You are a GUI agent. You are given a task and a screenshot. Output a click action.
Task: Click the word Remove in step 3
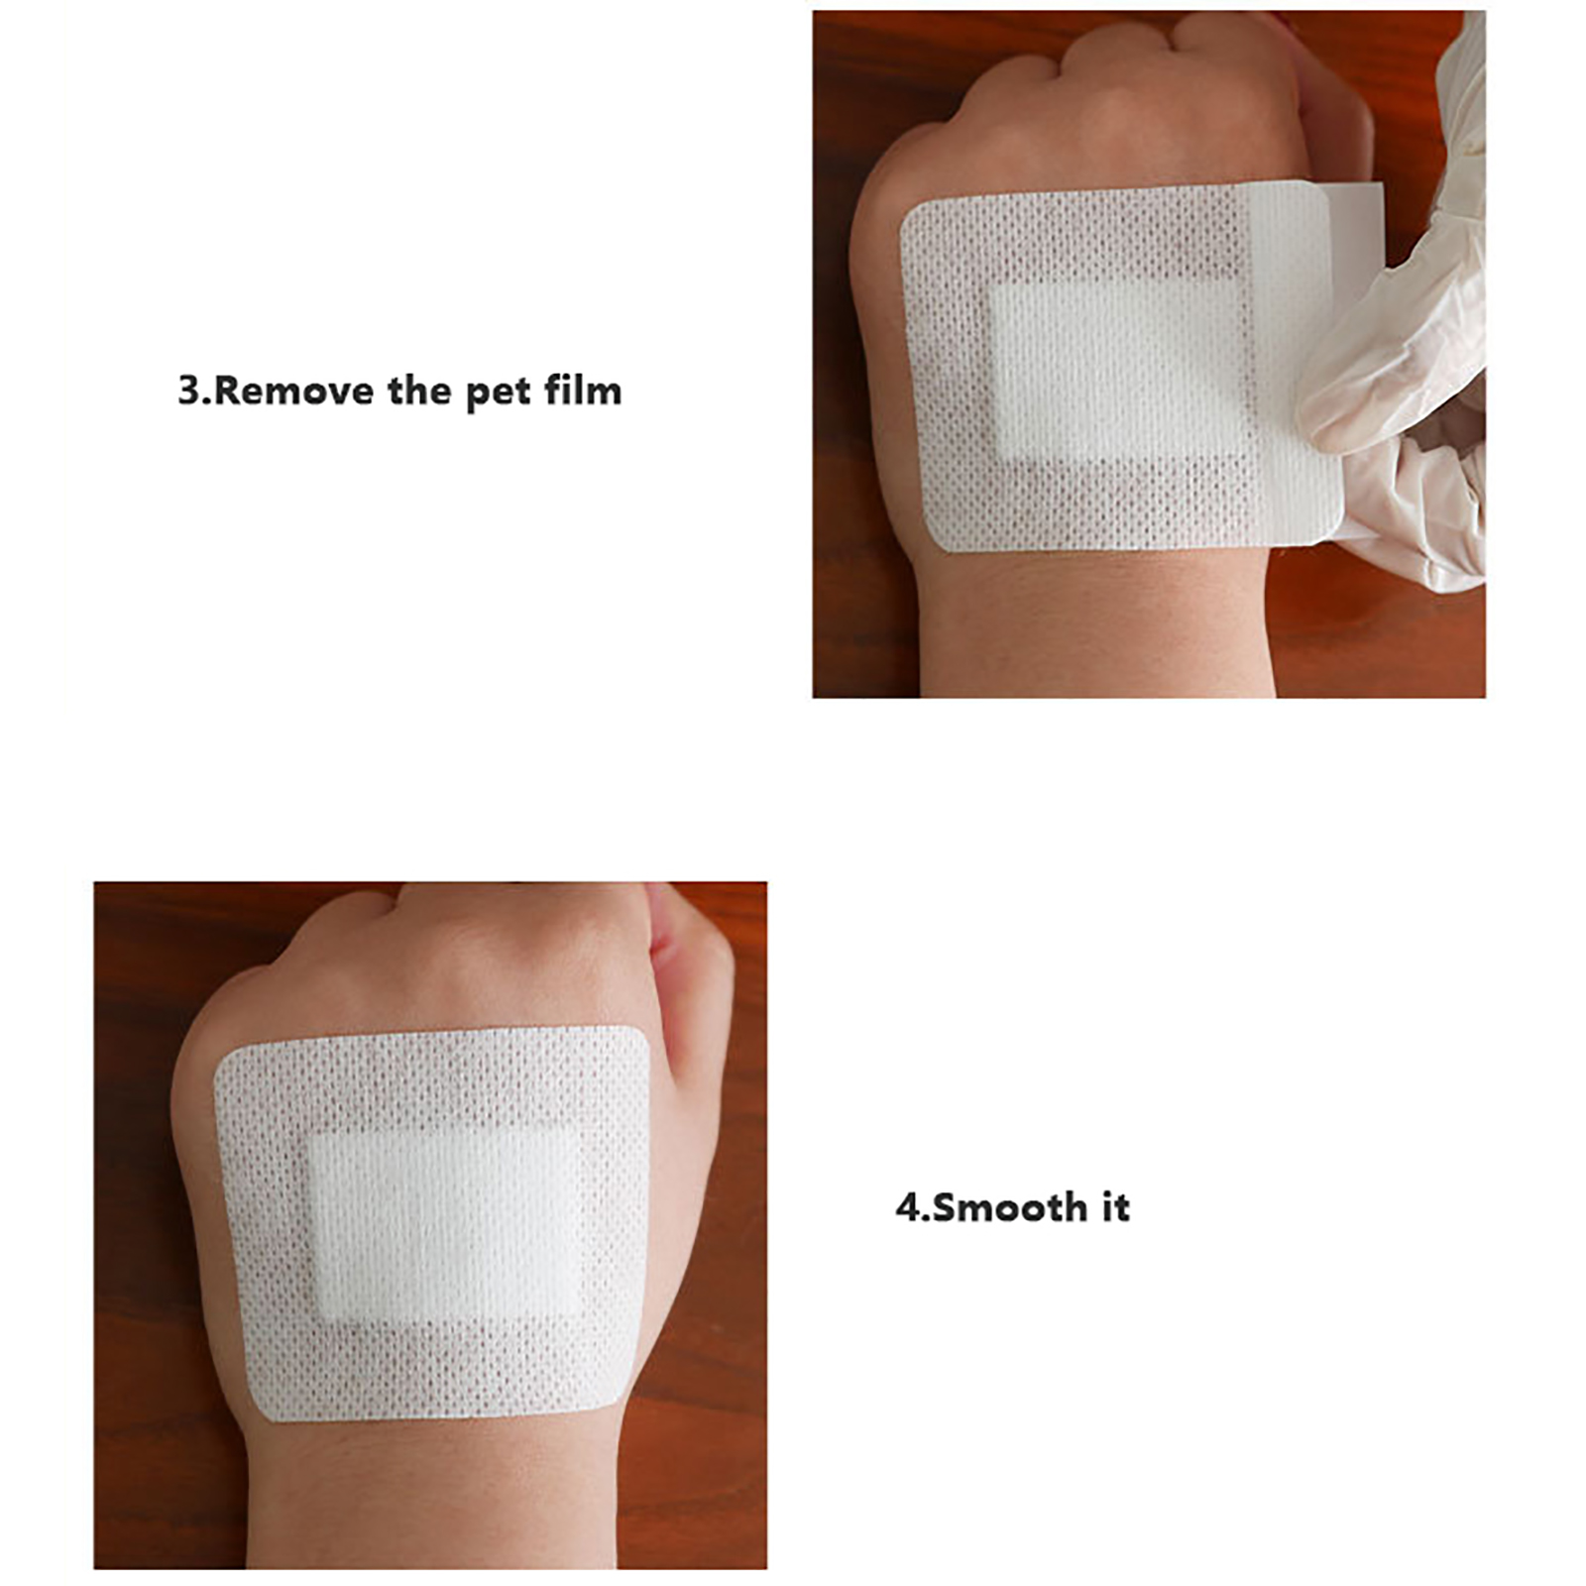point(292,391)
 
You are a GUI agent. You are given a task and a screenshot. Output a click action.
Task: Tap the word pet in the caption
point(499,393)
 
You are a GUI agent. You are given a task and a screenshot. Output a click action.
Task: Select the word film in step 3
point(583,391)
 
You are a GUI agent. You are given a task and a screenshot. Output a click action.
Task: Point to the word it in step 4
point(1115,1207)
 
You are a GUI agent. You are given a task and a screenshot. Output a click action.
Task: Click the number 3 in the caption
point(189,391)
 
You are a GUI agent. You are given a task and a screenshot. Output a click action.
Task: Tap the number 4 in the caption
point(907,1207)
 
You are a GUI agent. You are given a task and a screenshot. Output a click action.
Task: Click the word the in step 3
point(419,391)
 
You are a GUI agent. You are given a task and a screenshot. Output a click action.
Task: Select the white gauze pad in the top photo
point(1120,372)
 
